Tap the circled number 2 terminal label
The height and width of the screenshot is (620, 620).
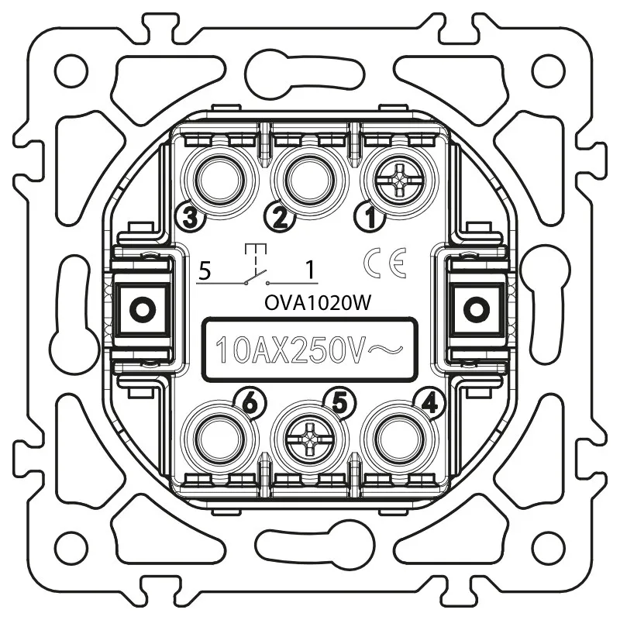(x=280, y=217)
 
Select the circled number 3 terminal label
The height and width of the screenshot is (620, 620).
(x=191, y=217)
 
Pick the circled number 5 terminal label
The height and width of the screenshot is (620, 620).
(x=340, y=403)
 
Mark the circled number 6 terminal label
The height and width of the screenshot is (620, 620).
(x=250, y=403)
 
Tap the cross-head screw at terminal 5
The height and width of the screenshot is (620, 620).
(x=309, y=439)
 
